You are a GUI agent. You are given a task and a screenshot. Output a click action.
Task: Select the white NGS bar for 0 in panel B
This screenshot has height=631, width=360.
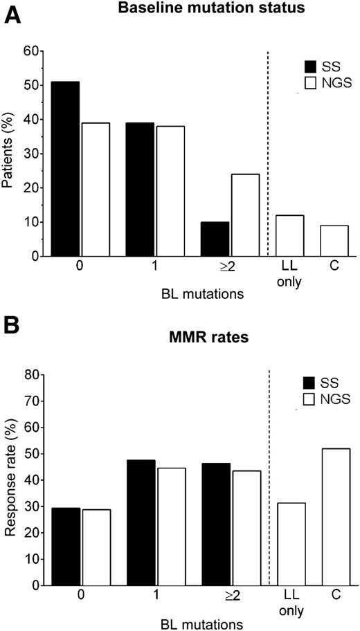(96, 547)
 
